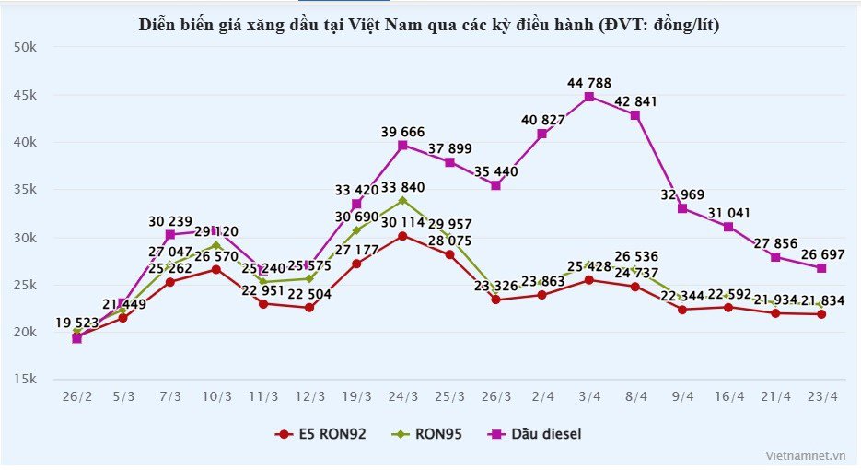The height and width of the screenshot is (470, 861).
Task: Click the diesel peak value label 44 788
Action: pyautogui.click(x=589, y=83)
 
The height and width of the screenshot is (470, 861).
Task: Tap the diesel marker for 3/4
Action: pyautogui.click(x=589, y=96)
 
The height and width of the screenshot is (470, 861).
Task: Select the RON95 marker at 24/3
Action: pyautogui.click(x=402, y=200)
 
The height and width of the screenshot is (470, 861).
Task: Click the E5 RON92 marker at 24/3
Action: pyautogui.click(x=402, y=236)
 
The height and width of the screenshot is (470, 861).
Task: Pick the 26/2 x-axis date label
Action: pyautogui.click(x=76, y=397)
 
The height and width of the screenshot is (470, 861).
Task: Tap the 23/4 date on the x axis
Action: pyautogui.click(x=821, y=397)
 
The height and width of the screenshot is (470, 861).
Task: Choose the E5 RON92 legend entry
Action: pyautogui.click(x=322, y=433)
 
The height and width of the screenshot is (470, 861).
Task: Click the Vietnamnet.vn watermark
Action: pyautogui.click(x=805, y=455)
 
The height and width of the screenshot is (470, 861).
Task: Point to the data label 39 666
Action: pyautogui.click(x=403, y=132)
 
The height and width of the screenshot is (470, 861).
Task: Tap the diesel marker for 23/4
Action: pyautogui.click(x=821, y=268)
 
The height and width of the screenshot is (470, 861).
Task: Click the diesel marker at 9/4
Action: pyautogui.click(x=682, y=208)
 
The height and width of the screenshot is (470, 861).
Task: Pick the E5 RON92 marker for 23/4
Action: pyautogui.click(x=821, y=314)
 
